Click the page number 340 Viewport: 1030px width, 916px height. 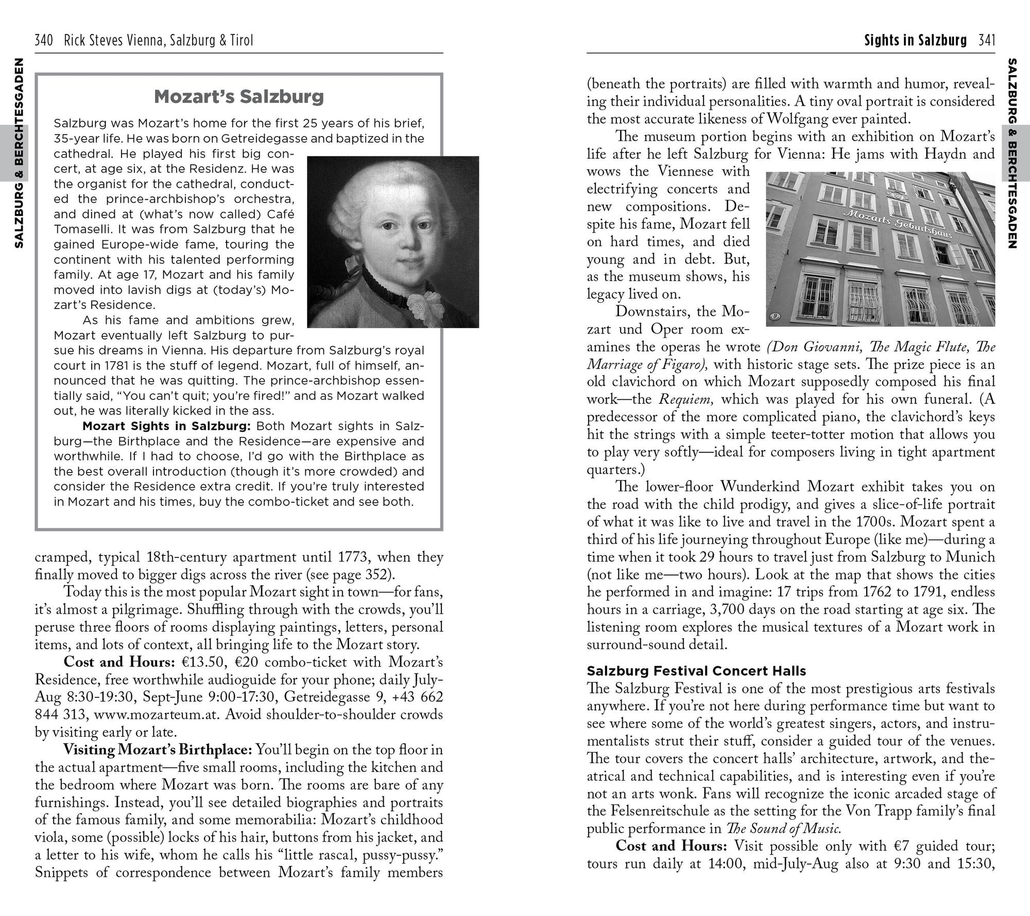click(44, 41)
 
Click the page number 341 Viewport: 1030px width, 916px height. click(986, 41)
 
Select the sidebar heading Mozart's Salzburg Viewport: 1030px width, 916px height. click(239, 96)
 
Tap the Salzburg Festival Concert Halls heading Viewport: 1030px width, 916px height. click(696, 671)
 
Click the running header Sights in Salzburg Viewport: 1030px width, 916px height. click(915, 41)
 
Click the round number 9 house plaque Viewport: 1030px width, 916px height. click(774, 315)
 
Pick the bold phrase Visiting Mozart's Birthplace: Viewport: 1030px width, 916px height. click(158, 750)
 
